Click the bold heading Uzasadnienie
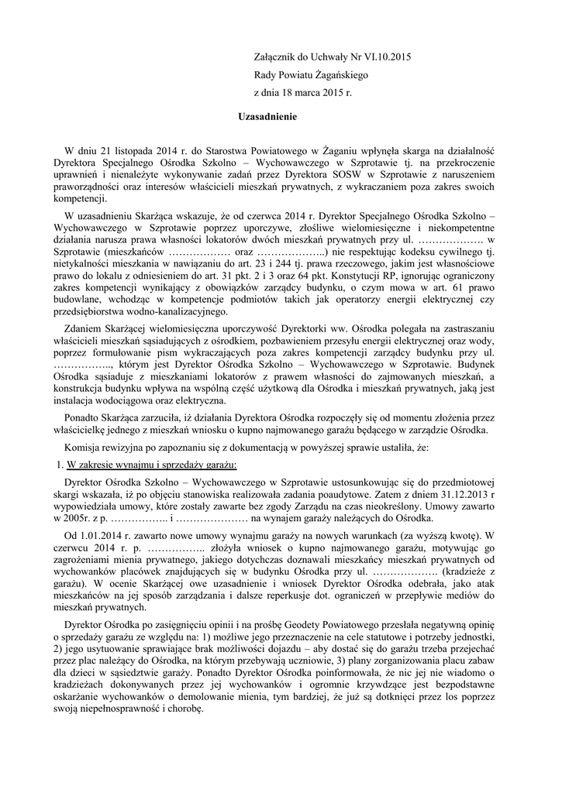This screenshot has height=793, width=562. pos(267,116)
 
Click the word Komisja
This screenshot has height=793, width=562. pos(86,448)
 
